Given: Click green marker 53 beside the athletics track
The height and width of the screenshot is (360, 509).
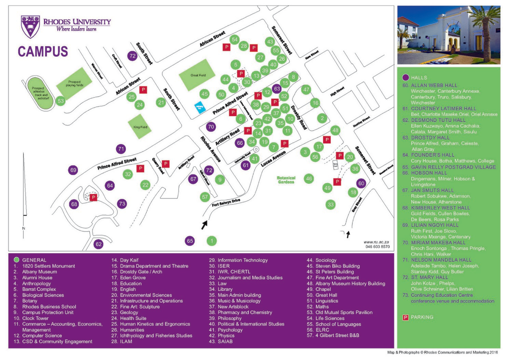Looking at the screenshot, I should [61, 101].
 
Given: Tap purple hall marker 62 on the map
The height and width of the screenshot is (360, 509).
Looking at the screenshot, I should [98, 244].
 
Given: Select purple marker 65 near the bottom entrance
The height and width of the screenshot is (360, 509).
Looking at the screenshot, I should [190, 241].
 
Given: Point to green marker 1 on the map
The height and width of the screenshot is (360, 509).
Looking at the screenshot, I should [211, 241].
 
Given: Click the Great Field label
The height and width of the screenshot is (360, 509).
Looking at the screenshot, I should [198, 75].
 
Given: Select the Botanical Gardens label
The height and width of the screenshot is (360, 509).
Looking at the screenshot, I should [286, 180].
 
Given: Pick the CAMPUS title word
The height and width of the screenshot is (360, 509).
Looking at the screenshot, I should [43, 51].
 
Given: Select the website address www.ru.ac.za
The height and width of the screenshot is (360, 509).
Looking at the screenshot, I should [377, 241].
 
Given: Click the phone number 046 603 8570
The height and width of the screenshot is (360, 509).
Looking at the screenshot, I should [377, 246].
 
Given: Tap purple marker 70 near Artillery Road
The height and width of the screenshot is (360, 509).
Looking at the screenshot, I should [211, 126].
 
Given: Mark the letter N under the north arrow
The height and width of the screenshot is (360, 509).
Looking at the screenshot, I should [24, 229].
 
